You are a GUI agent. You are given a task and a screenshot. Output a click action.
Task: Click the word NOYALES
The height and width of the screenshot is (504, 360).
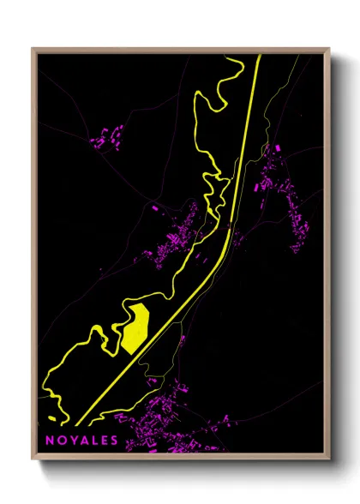[80, 440]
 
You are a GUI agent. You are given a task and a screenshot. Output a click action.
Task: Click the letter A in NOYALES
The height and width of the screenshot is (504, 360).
[81, 440]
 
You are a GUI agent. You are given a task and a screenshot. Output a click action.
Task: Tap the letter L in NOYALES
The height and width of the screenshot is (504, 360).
[91, 440]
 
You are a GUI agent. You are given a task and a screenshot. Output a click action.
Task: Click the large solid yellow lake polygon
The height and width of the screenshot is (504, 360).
[135, 327]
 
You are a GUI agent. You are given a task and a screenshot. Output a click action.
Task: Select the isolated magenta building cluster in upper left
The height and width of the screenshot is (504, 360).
[106, 136]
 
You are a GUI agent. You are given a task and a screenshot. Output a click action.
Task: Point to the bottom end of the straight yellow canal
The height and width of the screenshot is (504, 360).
[78, 424]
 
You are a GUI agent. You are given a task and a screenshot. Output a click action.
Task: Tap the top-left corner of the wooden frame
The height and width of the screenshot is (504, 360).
[32, 48]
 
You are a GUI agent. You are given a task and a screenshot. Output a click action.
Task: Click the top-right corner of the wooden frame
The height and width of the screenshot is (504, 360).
[330, 48]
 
